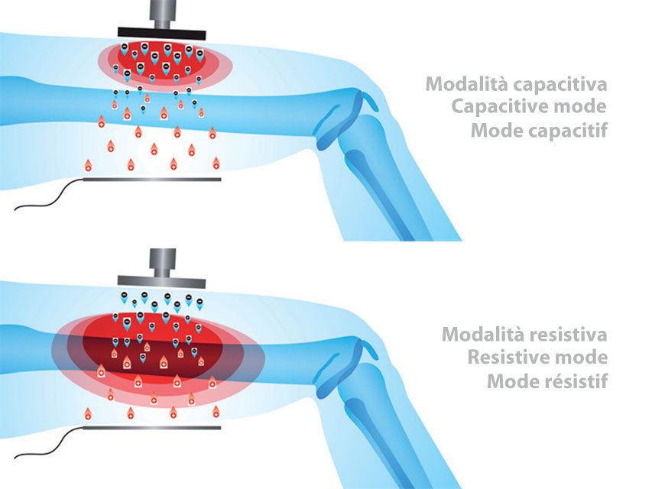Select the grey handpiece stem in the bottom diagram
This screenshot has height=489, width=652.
click(162, 260)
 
